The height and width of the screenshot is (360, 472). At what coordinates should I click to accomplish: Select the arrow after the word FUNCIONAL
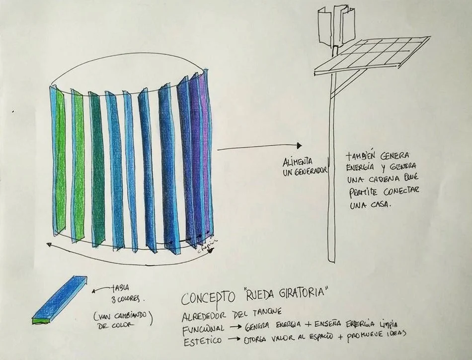click(x=234, y=327)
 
